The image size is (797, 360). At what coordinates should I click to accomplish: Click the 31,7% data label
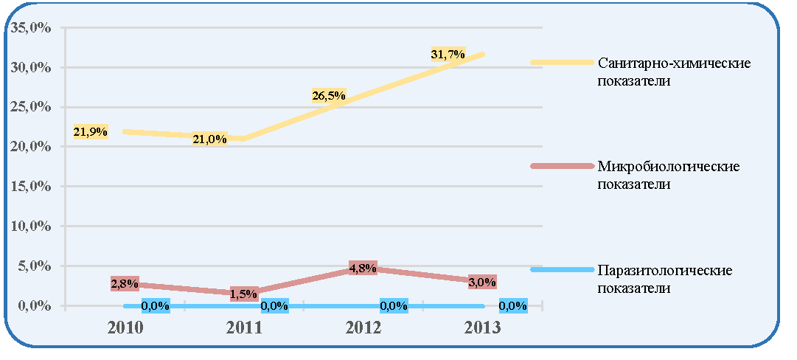pos(448,55)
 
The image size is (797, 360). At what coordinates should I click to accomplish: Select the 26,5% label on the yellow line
pos(329,95)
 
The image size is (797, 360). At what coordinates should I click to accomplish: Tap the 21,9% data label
pos(91,132)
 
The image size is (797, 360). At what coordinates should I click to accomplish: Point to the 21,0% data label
pos(209,139)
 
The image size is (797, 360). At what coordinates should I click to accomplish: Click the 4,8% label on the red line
pos(363,268)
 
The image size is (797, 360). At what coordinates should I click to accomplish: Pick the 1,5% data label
pos(244,294)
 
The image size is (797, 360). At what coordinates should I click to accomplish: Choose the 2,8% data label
pos(125,284)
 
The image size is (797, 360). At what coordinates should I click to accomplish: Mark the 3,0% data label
pos(482,283)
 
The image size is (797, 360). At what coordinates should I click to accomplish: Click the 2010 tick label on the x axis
pos(125,328)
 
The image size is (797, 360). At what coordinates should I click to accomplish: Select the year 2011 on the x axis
pos(245,328)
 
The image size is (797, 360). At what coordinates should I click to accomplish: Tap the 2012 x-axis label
pos(363,328)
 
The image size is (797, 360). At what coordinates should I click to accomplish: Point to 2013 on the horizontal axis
pos(482,328)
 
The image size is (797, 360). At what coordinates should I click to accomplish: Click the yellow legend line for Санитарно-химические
pos(562,62)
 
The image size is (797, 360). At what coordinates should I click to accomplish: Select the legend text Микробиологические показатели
pos(669,175)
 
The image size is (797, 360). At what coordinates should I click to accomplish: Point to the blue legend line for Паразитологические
pos(562,269)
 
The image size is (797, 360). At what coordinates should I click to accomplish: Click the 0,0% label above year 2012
pos(394,306)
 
